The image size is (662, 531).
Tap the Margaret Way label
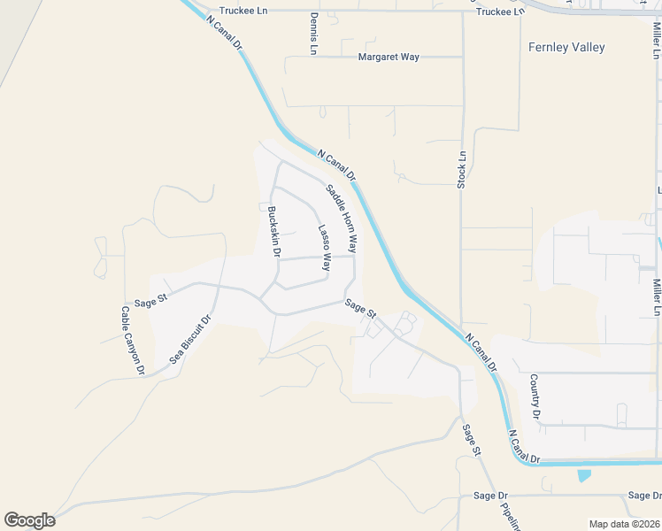coord(389,57)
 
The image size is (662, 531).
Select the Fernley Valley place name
coord(566,47)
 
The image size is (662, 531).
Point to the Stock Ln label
coord(462,168)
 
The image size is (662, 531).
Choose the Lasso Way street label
coord(325,246)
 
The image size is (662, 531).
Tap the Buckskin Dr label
coord(274,232)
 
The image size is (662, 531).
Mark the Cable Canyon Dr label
coord(132,341)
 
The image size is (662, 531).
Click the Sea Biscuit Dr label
coord(192,341)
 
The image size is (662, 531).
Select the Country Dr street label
coord(535,396)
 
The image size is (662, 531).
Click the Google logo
coord(29,520)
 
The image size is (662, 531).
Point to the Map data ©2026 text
coord(624,524)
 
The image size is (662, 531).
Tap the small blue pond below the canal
coord(583,475)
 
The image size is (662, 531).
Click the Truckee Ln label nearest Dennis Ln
coord(244,12)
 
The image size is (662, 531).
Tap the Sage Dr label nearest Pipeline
coord(490,496)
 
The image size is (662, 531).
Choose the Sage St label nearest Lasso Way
coord(361,308)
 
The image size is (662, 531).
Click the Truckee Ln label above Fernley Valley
coord(500,12)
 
